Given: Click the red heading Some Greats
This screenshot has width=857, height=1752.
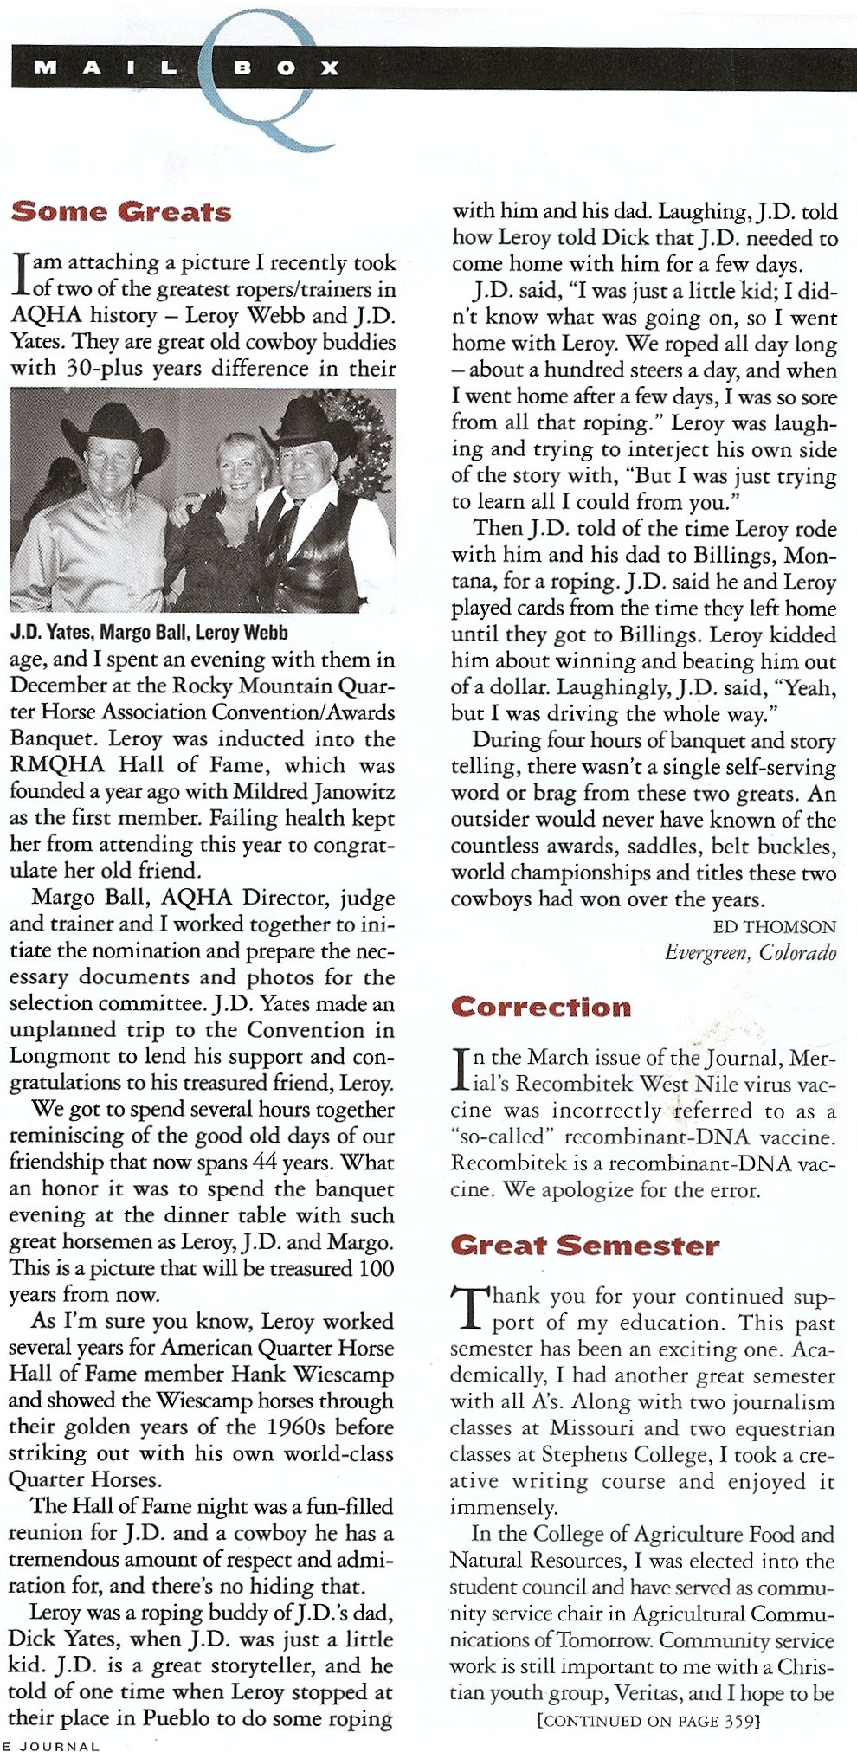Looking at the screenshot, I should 121,212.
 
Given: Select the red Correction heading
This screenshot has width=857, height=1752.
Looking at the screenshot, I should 541,1008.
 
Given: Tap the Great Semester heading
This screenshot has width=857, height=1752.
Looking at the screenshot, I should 585,1246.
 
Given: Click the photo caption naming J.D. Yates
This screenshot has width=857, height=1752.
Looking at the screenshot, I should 149,632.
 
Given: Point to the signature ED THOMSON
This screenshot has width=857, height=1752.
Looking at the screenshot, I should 774,927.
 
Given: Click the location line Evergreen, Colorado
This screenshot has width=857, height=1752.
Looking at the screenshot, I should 750,953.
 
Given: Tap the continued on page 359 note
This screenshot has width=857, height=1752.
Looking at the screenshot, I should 648,1721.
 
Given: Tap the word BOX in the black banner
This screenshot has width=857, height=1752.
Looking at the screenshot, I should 286,68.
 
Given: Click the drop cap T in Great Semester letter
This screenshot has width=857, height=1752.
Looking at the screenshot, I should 468,1308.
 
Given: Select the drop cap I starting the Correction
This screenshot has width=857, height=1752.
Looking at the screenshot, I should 461,1070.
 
